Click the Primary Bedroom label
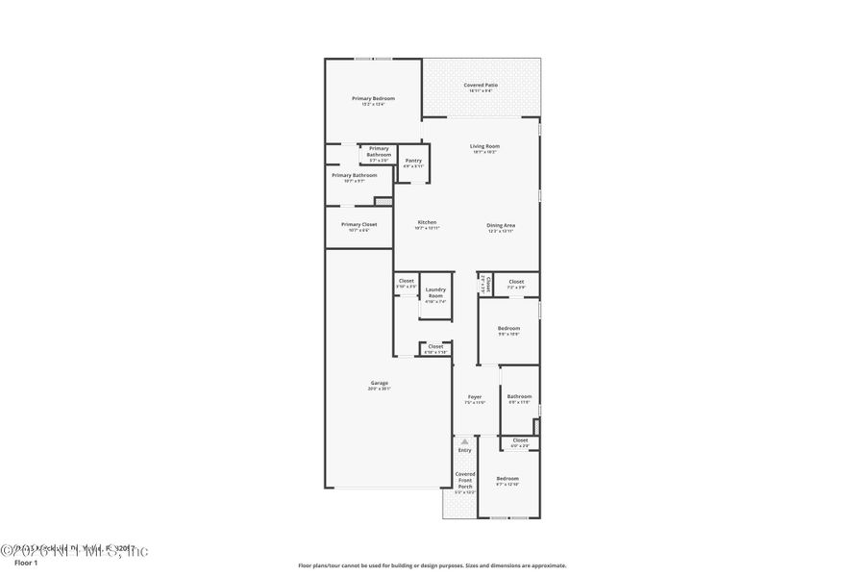[373, 98]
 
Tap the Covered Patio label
[481, 85]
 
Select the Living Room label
[484, 146]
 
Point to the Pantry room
[413, 163]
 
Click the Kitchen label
[427, 222]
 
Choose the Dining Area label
[501, 225]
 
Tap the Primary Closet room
[358, 227]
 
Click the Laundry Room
[435, 294]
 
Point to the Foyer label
[475, 396]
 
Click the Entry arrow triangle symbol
[465, 441]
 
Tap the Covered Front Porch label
[465, 480]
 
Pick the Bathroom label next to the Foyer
[520, 396]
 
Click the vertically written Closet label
[488, 284]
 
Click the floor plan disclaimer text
[432, 565]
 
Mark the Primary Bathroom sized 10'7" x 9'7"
[355, 177]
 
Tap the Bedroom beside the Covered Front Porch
[507, 480]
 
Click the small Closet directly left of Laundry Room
[407, 283]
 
